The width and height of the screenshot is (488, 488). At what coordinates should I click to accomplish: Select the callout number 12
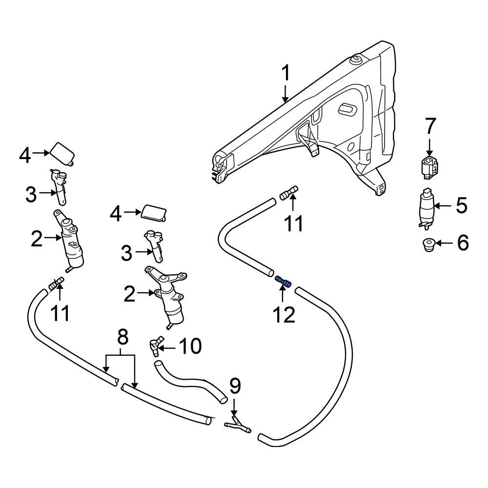[x=284, y=315]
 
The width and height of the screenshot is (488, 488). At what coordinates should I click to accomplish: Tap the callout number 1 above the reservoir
[x=286, y=74]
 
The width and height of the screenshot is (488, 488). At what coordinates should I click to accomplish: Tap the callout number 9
[x=235, y=386]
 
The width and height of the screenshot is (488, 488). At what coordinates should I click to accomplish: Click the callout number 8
[x=122, y=336]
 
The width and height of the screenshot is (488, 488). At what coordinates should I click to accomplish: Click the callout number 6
[x=461, y=242]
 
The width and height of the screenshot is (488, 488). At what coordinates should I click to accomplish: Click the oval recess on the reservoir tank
[x=348, y=109]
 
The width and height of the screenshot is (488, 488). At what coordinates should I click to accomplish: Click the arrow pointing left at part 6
[x=445, y=242]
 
